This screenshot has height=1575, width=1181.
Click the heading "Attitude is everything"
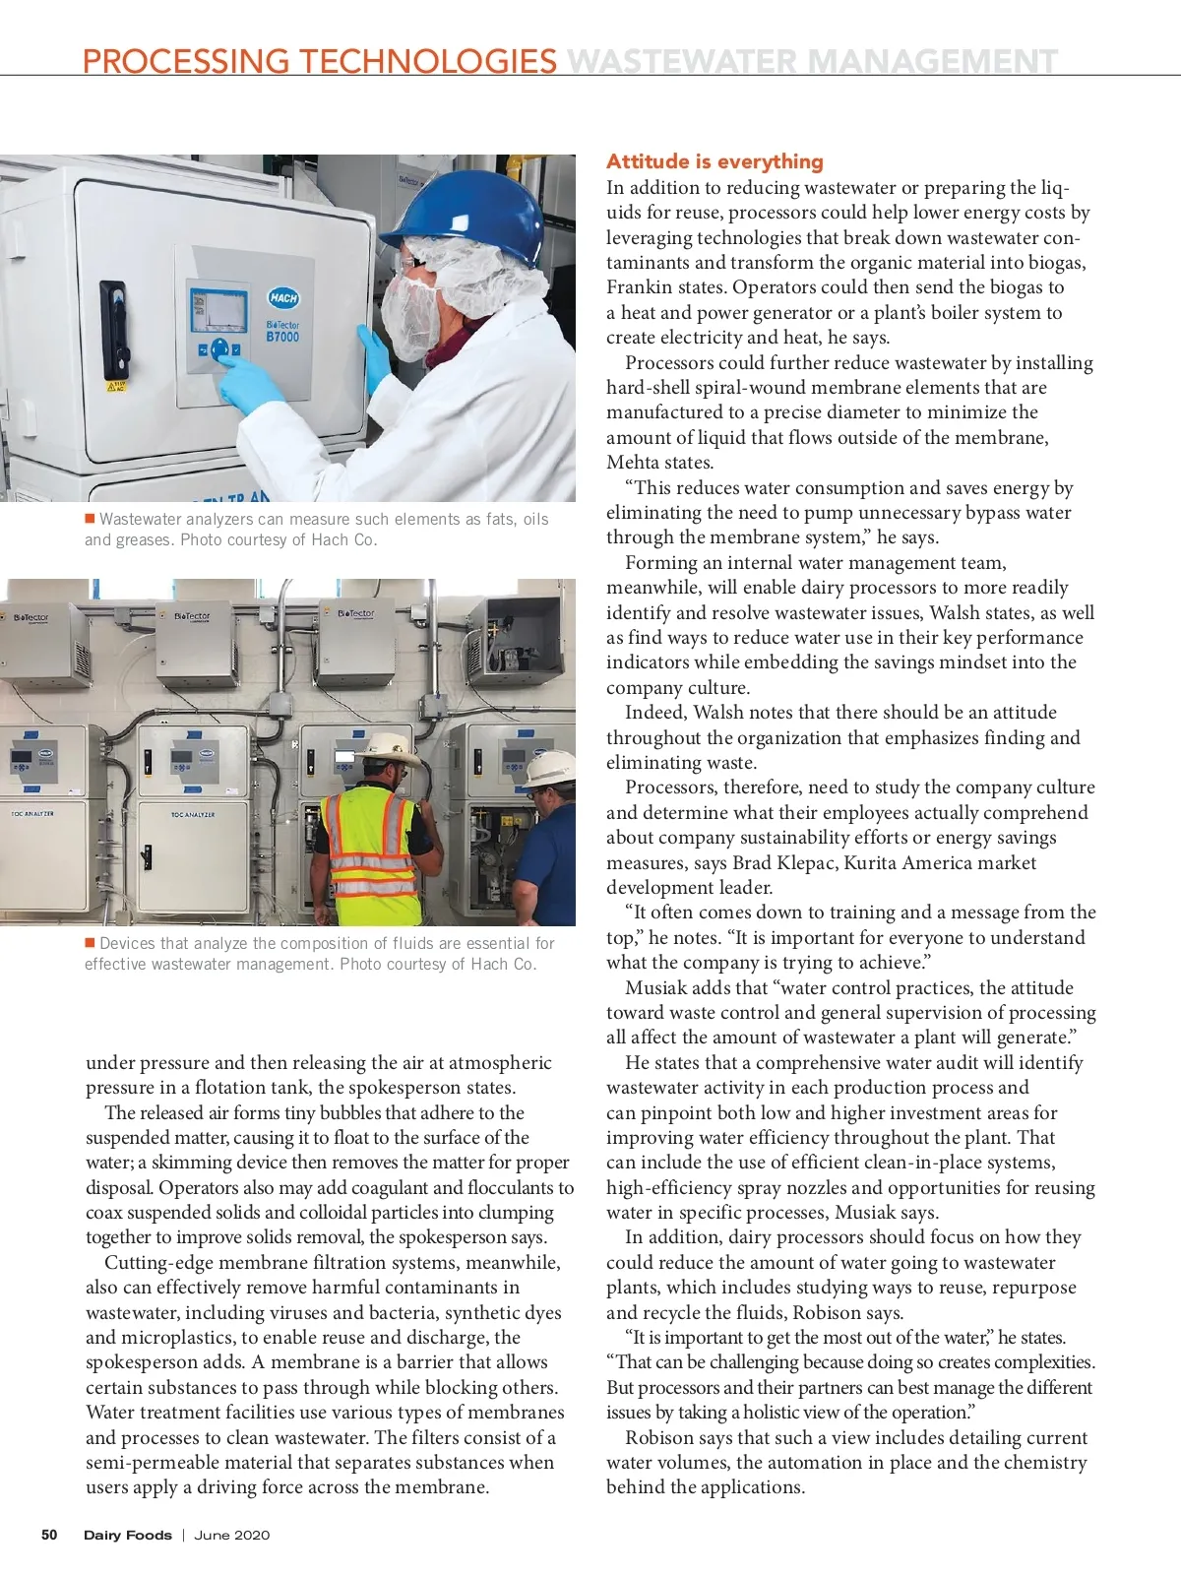(x=715, y=161)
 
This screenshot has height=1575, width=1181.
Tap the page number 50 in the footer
(x=49, y=1535)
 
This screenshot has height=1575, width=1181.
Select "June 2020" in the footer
(x=231, y=1535)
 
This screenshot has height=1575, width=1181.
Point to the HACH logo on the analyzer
(x=283, y=297)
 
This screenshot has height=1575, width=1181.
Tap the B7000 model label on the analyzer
(x=282, y=337)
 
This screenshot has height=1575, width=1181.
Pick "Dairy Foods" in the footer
(x=127, y=1535)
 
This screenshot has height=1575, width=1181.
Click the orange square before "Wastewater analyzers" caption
(x=90, y=519)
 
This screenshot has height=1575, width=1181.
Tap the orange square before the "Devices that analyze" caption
(x=90, y=943)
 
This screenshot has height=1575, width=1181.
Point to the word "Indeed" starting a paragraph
(x=654, y=712)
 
